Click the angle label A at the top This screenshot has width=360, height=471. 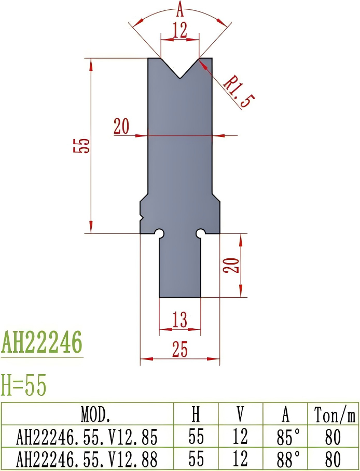pos(180,9)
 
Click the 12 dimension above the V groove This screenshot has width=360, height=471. pos(180,31)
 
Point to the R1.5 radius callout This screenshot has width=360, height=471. pos(237,90)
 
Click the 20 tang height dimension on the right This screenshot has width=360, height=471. pos(233,265)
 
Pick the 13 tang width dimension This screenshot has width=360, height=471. pos(179,321)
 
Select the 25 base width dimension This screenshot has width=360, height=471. pos(179,351)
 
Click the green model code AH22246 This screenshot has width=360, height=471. pos(41,343)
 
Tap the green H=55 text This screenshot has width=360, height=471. pos(24,385)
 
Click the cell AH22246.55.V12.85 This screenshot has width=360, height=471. pos(87,437)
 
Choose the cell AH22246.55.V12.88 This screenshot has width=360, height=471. pos(87,459)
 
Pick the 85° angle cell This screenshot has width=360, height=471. pos(285,437)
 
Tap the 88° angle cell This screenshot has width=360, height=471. pos(285,459)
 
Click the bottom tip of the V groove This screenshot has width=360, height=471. pos(180,78)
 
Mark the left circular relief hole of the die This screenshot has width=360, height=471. pos(160,233)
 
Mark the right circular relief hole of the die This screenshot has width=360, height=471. pos(200,233)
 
